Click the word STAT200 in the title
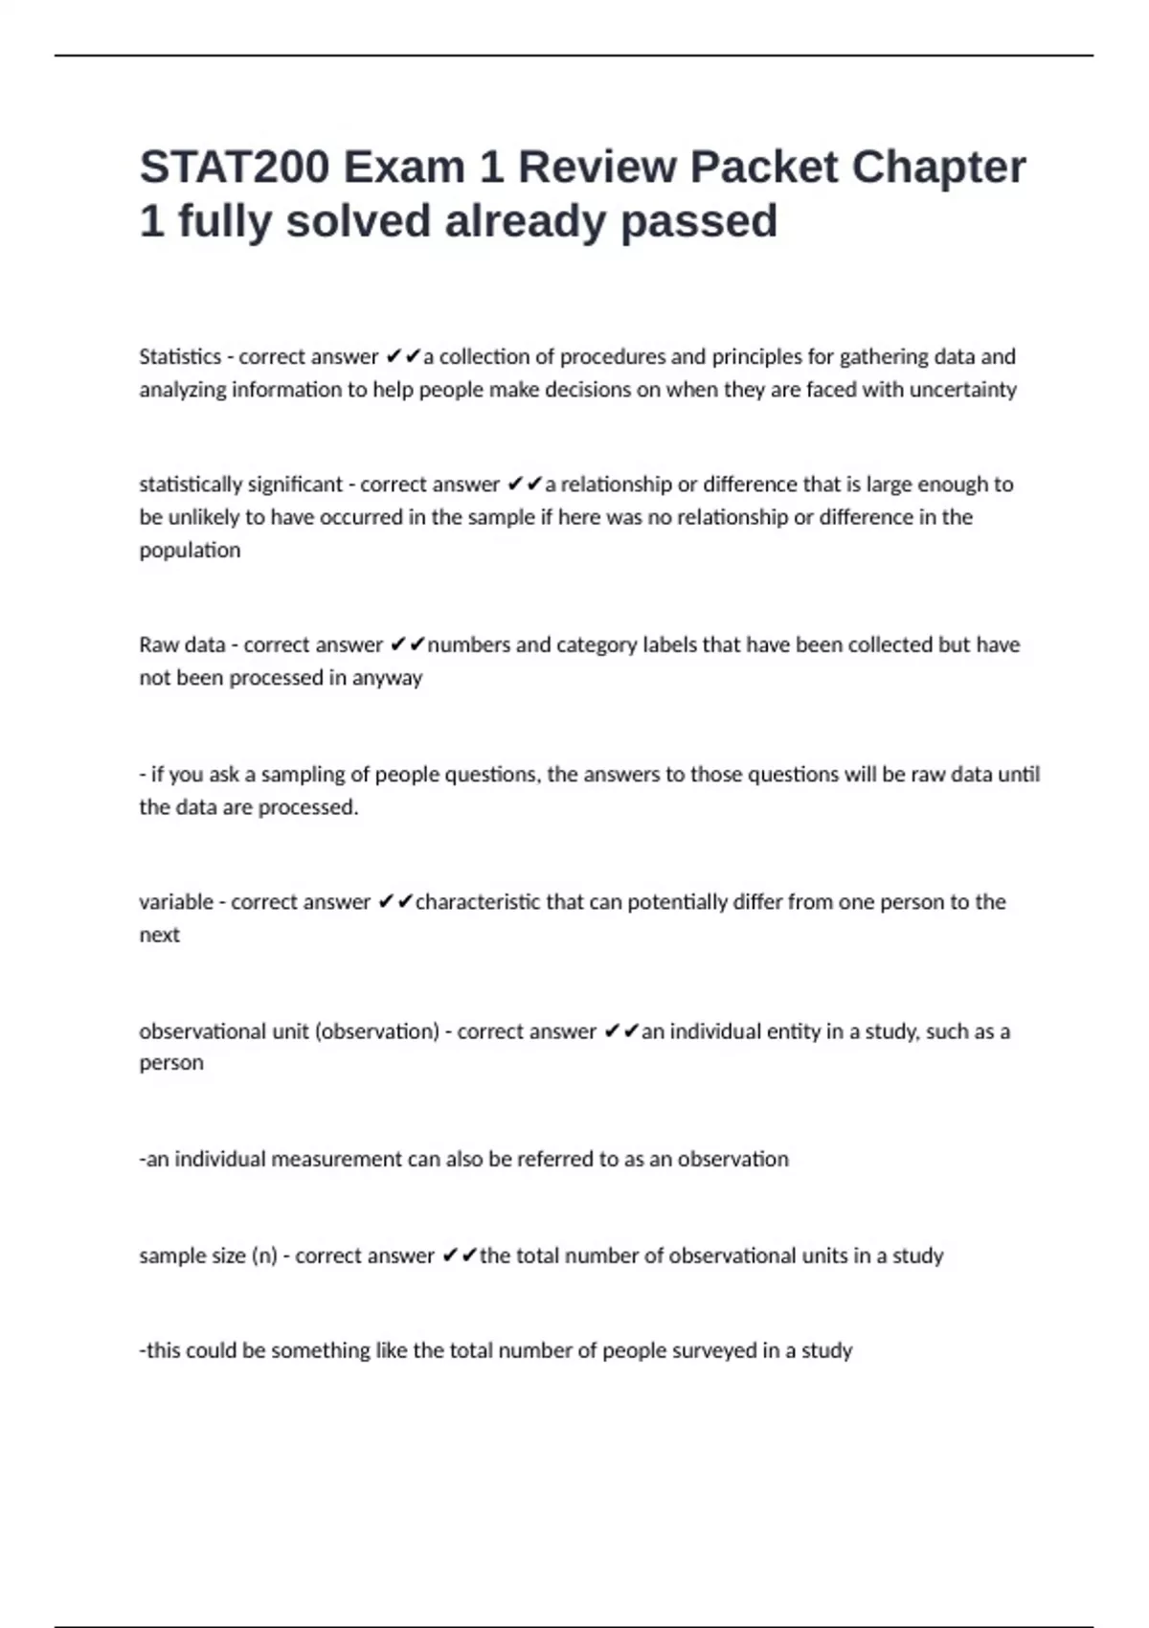tap(234, 168)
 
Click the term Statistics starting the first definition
tap(180, 357)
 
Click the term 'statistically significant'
tap(240, 485)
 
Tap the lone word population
tap(190, 551)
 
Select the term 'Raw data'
tap(182, 644)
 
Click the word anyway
tap(387, 678)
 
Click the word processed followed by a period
tap(307, 807)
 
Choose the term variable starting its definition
tap(175, 902)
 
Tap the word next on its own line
tap(159, 935)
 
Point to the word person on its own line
tap(171, 1063)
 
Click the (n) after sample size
tap(263, 1255)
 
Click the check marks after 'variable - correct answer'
tap(395, 902)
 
